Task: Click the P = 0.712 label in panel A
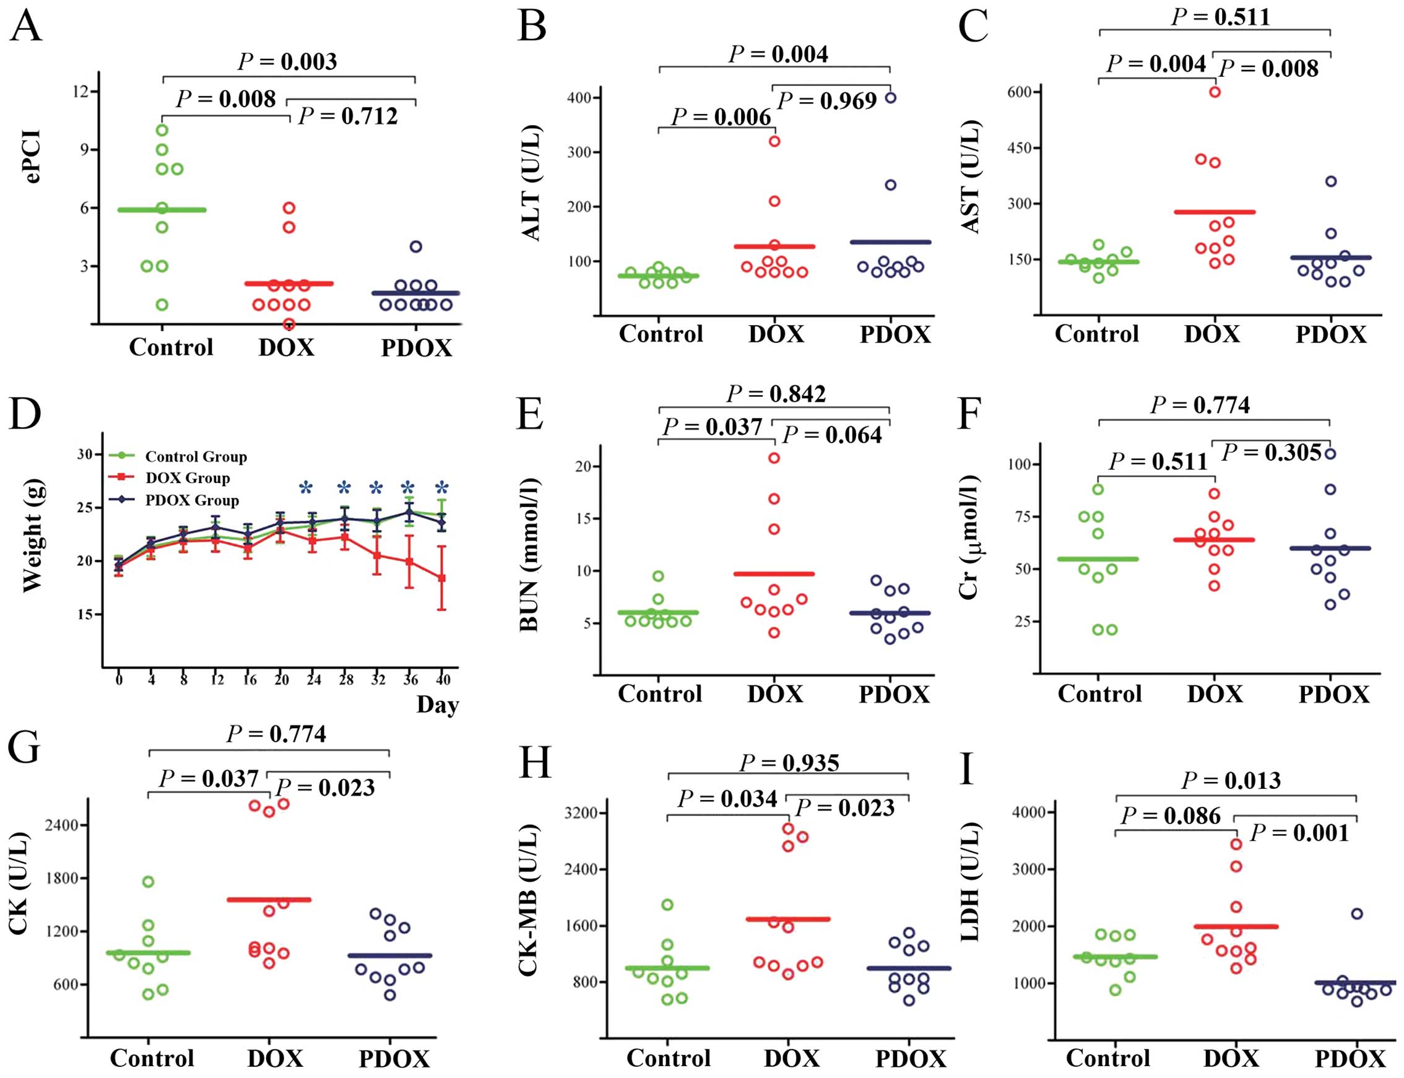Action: pos(349,116)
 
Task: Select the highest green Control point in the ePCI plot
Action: pos(162,130)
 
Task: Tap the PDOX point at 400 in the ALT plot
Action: pos(890,98)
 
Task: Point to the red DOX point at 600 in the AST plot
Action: pos(1215,92)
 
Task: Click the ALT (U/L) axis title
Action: pos(532,183)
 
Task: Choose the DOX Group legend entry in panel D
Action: pos(187,478)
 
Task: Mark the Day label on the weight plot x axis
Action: pos(438,705)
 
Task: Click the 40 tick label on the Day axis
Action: pos(443,679)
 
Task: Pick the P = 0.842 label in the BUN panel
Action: pos(776,393)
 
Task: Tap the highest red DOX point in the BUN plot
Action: pos(774,458)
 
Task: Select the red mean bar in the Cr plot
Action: pos(1214,540)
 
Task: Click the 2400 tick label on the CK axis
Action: pos(61,825)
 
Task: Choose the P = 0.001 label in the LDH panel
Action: pos(1299,833)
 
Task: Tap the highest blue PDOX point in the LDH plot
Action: pos(1356,914)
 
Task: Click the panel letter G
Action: pos(24,748)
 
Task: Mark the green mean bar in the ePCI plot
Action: pos(162,210)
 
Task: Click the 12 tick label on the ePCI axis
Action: pos(80,91)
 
